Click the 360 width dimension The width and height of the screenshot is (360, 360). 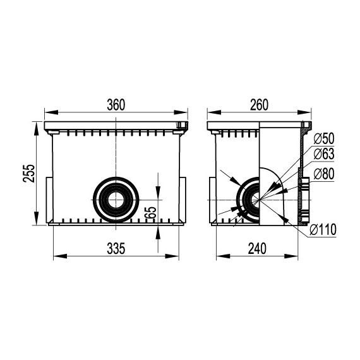[x=116, y=105]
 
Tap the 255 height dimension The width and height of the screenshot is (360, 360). [x=29, y=173]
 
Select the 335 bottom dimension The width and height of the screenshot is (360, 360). [x=116, y=248]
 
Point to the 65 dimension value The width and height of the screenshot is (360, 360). [x=150, y=213]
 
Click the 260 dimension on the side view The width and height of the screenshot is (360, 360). [x=259, y=105]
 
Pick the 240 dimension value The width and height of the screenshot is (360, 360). [x=257, y=248]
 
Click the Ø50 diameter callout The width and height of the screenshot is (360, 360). [x=324, y=139]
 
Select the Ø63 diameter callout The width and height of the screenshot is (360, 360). [x=324, y=154]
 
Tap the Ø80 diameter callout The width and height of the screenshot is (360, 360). [x=324, y=174]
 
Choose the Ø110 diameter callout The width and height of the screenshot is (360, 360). [x=323, y=229]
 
